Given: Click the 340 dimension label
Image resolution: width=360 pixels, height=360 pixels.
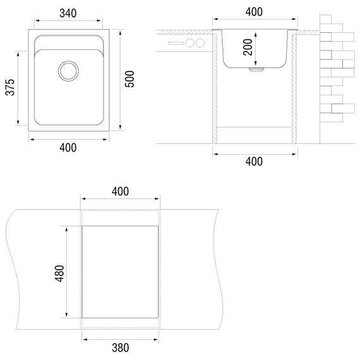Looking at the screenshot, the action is [x=68, y=13].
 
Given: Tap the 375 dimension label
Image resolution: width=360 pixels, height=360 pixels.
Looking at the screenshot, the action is [x=10, y=87].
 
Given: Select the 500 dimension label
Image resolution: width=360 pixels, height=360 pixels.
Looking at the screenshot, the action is [x=129, y=79].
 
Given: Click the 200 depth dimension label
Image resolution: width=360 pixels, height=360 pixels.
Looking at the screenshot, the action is [x=248, y=47].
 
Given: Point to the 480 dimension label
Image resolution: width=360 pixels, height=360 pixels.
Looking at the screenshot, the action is [x=59, y=273].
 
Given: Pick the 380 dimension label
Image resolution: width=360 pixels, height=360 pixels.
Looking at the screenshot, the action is [x=120, y=348].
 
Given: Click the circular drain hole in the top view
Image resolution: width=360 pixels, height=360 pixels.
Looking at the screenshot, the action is [x=68, y=71].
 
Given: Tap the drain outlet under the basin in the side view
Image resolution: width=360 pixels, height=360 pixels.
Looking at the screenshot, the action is [x=256, y=69].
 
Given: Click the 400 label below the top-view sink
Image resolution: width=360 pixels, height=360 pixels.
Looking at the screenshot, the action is [x=68, y=148].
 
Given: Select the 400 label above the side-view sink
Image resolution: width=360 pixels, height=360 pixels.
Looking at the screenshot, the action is [x=254, y=12].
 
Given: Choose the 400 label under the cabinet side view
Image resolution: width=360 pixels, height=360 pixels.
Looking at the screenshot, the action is [x=254, y=162].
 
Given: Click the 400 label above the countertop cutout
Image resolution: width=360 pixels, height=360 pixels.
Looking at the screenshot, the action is [x=120, y=191].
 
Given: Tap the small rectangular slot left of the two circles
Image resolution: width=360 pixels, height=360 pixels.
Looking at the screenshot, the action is [x=176, y=43].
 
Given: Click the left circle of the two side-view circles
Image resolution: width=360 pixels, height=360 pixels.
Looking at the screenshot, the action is [x=190, y=43].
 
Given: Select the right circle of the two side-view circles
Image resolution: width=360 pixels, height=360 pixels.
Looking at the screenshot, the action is [x=200, y=43].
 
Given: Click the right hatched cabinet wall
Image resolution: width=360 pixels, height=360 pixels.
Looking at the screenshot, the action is [x=294, y=89].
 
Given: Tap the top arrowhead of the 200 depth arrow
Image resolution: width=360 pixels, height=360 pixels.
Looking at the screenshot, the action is [x=256, y=35].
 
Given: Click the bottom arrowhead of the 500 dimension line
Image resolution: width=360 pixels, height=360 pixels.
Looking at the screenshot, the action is [x=120, y=127].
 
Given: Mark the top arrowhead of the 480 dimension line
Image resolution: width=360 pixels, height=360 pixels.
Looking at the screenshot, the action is [x=66, y=230].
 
